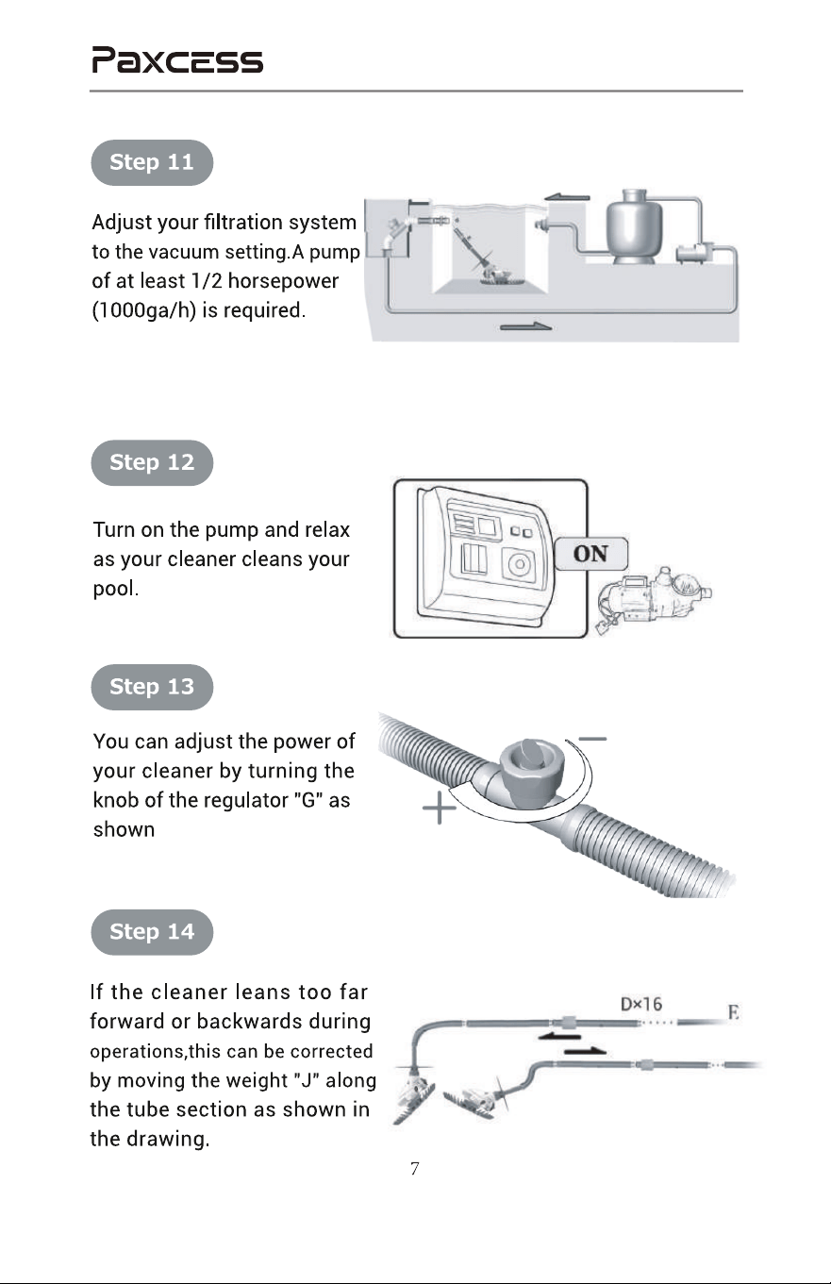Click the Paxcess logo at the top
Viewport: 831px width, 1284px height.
point(177,59)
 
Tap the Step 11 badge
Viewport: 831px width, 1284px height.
point(152,162)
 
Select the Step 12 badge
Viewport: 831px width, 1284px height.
point(152,462)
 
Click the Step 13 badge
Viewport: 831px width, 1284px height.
point(152,687)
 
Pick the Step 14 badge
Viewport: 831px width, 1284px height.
point(152,932)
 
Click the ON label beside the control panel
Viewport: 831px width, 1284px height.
point(590,554)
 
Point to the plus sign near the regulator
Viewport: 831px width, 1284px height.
point(439,808)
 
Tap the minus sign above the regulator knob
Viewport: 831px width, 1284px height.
point(592,739)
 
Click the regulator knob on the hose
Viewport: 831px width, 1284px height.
point(532,759)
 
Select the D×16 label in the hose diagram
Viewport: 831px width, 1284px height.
point(641,1004)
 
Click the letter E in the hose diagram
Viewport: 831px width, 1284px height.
point(733,1013)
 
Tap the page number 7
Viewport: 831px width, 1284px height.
point(415,1168)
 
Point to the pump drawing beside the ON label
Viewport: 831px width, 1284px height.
point(654,599)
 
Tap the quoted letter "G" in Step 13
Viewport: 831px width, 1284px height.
point(308,800)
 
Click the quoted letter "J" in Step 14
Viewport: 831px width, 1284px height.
point(305,1080)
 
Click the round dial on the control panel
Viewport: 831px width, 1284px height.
point(519,564)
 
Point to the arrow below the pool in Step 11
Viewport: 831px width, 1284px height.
point(525,326)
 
